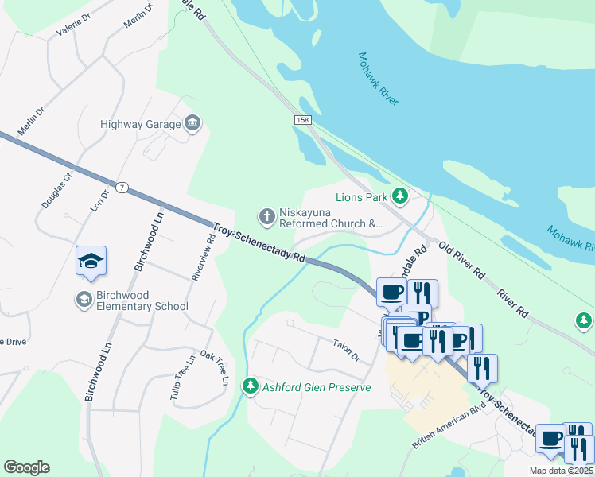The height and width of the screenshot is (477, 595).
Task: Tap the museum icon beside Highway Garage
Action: (192, 123)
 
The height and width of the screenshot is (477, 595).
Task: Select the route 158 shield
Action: (301, 119)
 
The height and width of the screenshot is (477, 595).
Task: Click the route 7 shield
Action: (121, 188)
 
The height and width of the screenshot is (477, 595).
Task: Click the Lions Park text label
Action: (360, 196)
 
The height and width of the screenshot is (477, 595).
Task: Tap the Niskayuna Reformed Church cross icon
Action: (266, 215)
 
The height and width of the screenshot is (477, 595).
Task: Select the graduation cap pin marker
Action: (91, 261)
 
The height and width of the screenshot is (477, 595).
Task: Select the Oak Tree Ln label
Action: (214, 368)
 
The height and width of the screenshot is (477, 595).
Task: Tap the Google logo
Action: (26, 467)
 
